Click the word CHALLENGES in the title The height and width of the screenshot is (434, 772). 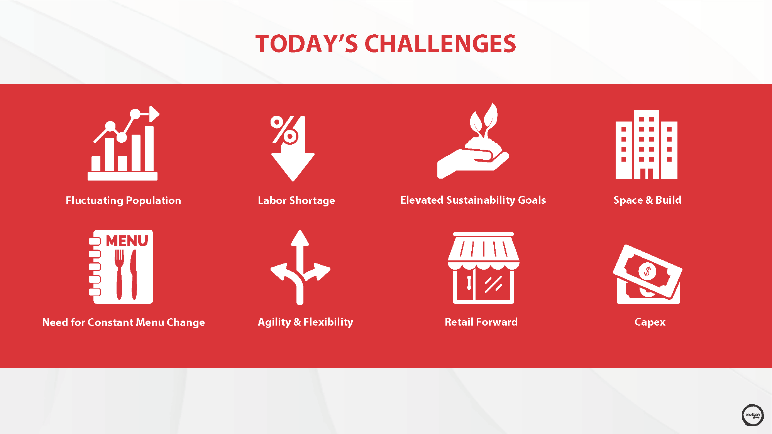(x=440, y=44)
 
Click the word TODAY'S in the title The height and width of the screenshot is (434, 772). (x=306, y=44)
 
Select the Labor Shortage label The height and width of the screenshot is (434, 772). (x=296, y=200)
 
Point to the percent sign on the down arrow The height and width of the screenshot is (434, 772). (x=284, y=130)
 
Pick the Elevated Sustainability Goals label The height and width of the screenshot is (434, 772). (x=473, y=200)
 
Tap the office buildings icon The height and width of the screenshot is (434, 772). (x=647, y=145)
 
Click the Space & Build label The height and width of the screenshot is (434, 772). (x=647, y=200)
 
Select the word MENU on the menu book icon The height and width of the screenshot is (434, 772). (x=127, y=241)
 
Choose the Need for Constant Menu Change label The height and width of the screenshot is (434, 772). (x=124, y=322)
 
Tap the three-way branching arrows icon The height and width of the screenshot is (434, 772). (x=300, y=267)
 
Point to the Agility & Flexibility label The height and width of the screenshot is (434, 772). (x=305, y=322)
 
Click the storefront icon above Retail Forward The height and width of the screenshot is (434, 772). (x=484, y=268)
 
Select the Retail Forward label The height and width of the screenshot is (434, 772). (x=481, y=322)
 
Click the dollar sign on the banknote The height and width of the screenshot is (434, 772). (x=647, y=271)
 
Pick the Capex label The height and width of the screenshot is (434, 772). (x=650, y=322)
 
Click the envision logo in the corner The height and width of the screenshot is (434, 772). (x=753, y=415)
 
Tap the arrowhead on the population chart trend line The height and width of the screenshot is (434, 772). (x=154, y=114)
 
